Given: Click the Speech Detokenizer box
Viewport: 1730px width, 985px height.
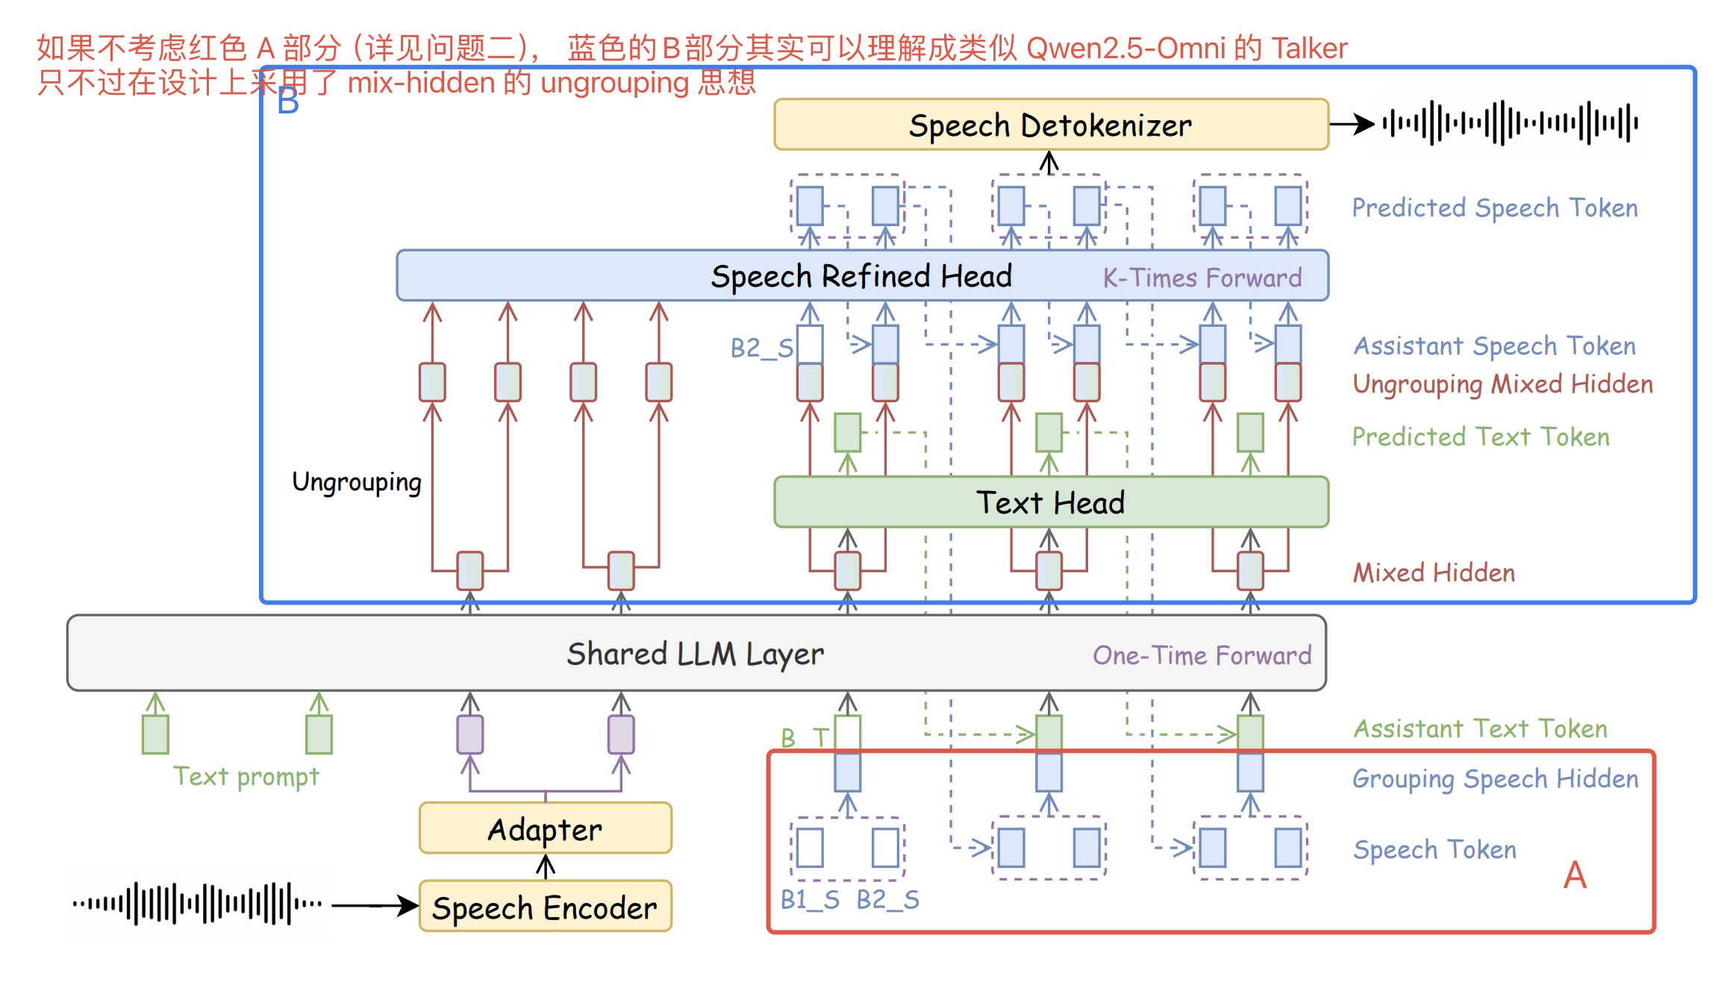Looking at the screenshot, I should (x=1051, y=125).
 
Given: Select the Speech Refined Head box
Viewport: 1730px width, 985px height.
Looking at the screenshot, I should (x=861, y=276).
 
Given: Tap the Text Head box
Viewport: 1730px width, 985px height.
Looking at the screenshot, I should (x=1051, y=502).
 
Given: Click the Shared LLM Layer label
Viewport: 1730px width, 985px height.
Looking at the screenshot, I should (x=695, y=654).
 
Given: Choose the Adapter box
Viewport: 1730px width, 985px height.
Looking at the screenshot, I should (x=545, y=829).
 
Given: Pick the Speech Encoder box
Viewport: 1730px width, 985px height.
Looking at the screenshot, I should (x=545, y=907).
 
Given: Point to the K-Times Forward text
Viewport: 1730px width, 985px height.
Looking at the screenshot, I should (x=1202, y=278).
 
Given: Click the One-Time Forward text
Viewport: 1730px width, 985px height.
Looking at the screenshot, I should (x=1202, y=655).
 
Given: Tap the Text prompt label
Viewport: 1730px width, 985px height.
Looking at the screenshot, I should (x=246, y=777).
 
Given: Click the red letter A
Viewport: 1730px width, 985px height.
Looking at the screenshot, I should (x=1575, y=875).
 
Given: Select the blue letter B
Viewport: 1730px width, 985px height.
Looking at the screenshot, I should (x=288, y=101).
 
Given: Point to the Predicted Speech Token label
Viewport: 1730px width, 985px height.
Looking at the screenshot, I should (x=1494, y=207).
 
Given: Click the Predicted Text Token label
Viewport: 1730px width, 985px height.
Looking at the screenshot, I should (x=1481, y=437).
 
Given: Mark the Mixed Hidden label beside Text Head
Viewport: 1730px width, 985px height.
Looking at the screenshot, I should (x=1434, y=572).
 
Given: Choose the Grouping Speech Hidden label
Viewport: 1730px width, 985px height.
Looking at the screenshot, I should (x=1495, y=778).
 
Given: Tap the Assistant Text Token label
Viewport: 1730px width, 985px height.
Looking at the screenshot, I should (x=1481, y=728).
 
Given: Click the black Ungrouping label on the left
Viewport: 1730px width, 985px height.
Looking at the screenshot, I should (x=357, y=482).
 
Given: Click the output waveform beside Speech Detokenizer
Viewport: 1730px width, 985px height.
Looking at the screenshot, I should (x=1509, y=123).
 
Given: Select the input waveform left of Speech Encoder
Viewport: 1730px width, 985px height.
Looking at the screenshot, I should (x=198, y=904).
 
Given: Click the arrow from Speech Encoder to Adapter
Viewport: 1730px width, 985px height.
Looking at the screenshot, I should (x=546, y=866).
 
